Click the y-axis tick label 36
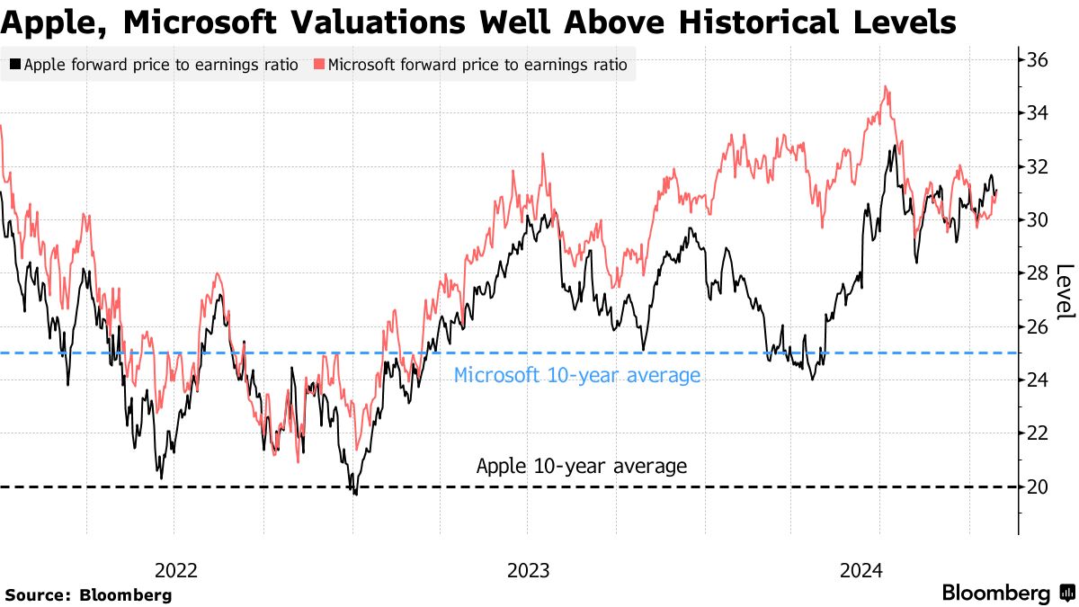tap(1038, 60)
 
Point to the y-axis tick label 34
tap(1038, 113)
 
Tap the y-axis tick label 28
tap(1038, 273)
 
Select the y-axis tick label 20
tap(1038, 486)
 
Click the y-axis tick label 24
tap(1038, 380)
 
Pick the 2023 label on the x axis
tap(529, 570)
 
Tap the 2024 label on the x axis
tap(861, 570)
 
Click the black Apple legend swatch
tap(15, 65)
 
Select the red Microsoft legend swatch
tap(319, 65)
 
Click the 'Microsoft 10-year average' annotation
tap(576, 376)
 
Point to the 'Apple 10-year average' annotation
tap(581, 467)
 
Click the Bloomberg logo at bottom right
tap(1007, 594)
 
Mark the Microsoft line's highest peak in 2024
tap(887, 87)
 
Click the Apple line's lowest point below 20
tap(355, 494)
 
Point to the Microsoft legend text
tap(477, 65)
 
